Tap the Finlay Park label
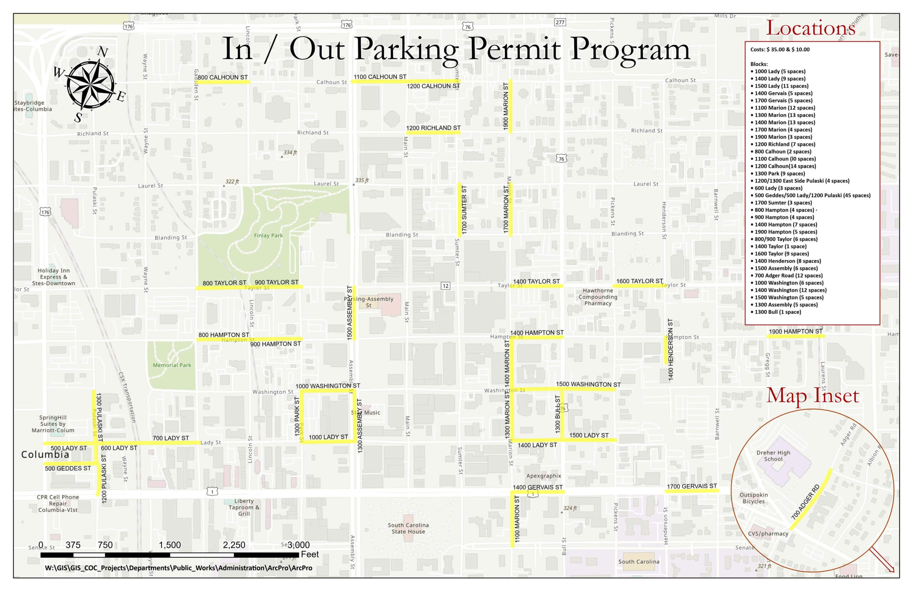click(x=268, y=235)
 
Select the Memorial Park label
click(x=172, y=365)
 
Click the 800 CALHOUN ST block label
click(x=223, y=77)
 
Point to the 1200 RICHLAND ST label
click(x=433, y=128)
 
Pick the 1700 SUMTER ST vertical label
click(x=464, y=210)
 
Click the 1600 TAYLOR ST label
click(x=639, y=281)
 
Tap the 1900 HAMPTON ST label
click(x=795, y=331)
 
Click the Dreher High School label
click(x=773, y=455)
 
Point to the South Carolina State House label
click(x=408, y=528)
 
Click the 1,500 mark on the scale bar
click(x=169, y=545)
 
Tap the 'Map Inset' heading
click(x=812, y=396)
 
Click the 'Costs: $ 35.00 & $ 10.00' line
click(x=780, y=50)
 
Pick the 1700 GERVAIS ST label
click(x=692, y=486)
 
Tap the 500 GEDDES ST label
click(x=68, y=468)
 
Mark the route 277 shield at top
click(x=560, y=22)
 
